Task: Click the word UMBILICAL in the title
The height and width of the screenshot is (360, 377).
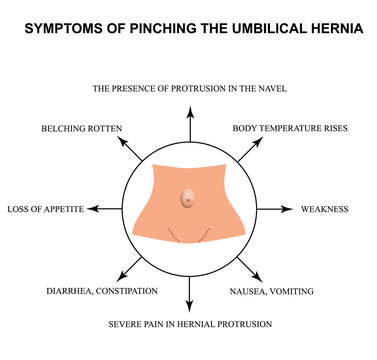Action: [x=261, y=27]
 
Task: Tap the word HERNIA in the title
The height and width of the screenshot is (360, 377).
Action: [x=334, y=27]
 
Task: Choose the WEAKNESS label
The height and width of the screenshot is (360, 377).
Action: [x=325, y=210]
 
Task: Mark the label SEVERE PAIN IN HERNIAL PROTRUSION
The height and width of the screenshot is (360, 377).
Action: [x=189, y=325]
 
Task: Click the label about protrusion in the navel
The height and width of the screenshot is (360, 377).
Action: [x=189, y=89]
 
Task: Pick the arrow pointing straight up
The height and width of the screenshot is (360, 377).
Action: [x=189, y=122]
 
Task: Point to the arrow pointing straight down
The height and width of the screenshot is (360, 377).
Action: [x=189, y=296]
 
